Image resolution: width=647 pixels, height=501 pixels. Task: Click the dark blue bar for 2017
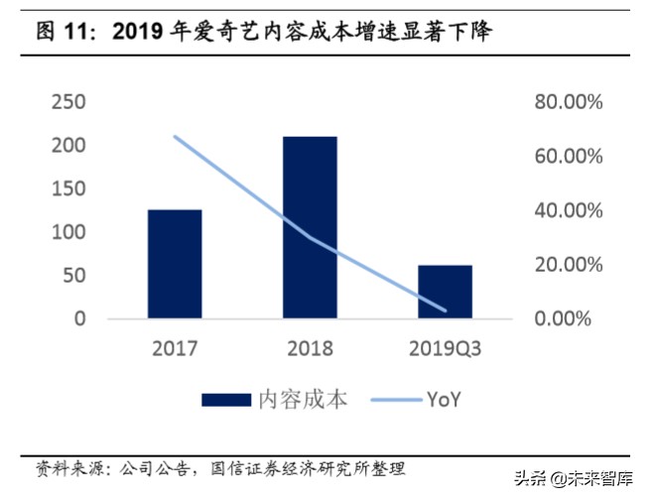pos(175,264)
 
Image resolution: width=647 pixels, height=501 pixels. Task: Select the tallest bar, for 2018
pos(310,227)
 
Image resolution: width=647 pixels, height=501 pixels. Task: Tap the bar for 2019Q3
pos(445,292)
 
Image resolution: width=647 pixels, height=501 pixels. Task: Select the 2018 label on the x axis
pos(310,348)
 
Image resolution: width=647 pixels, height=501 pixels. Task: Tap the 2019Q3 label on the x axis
pos(445,348)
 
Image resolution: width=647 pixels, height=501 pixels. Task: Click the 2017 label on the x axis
pos(175,348)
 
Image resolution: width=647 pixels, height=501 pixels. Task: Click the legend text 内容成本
pos(304,400)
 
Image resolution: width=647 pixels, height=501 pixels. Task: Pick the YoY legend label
pos(444,400)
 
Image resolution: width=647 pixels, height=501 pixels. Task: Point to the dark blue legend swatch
pos(225,400)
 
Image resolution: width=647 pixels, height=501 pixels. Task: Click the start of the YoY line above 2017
pos(175,136)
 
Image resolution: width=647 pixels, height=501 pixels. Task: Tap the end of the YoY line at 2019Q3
pos(445,311)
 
